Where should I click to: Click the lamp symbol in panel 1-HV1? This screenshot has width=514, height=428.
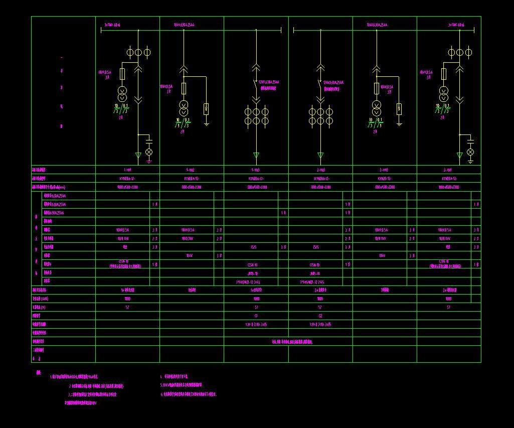pyautogui.click(x=149, y=152)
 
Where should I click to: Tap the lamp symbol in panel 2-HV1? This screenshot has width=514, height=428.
pyautogui.click(x=470, y=152)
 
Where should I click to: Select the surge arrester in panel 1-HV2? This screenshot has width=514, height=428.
pyautogui.click(x=206, y=109)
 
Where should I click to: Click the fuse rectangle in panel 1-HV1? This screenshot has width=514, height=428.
pyautogui.click(x=121, y=75)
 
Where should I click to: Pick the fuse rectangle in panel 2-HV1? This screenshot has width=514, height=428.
pyautogui.click(x=443, y=75)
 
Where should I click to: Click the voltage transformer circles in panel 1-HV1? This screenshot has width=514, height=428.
pyautogui.click(x=121, y=94)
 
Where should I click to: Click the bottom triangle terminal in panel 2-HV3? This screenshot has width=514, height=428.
pyautogui.click(x=320, y=156)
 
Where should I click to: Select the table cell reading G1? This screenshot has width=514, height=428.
pyautogui.click(x=256, y=316)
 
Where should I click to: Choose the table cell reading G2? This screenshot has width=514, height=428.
pyautogui.click(x=320, y=316)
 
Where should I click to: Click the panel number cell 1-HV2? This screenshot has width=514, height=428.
pyautogui.click(x=192, y=170)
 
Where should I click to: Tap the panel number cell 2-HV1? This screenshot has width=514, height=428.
pyautogui.click(x=448, y=170)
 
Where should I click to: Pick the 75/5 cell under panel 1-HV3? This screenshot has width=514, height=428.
pyautogui.click(x=254, y=247)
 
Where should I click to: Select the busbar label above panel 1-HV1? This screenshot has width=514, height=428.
pyautogui.click(x=112, y=25)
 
